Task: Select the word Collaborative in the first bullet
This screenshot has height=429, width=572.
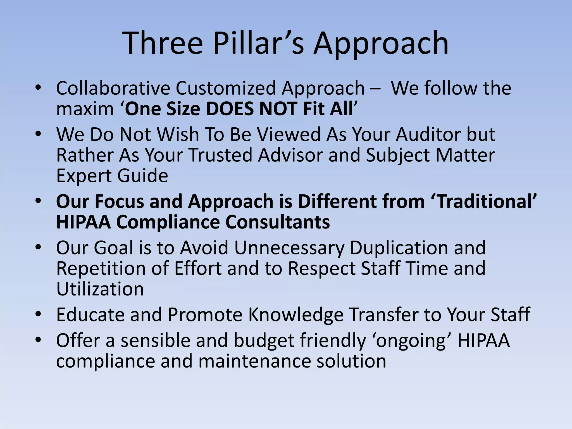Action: click(x=113, y=88)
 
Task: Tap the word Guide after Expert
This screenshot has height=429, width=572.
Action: click(x=143, y=176)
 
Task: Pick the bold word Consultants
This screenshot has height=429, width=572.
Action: click(x=278, y=222)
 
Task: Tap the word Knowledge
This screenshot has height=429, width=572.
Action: click(x=296, y=314)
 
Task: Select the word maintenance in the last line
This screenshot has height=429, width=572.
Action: click(x=254, y=361)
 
